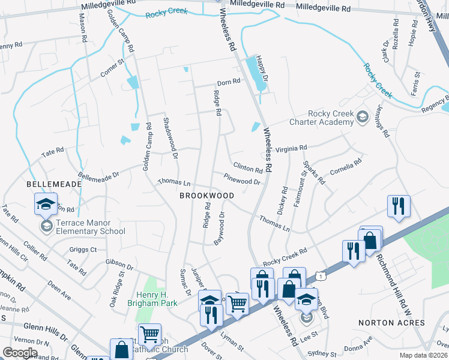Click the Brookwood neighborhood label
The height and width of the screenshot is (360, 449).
[207, 196]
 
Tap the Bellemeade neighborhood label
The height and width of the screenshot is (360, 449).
[49, 185]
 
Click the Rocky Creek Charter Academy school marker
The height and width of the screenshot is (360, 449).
[363, 116]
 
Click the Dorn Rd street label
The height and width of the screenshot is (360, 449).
[228, 82]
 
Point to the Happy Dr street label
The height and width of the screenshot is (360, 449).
[260, 64]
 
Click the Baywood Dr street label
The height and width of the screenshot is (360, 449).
[219, 229]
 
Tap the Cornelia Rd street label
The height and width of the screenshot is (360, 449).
[346, 166]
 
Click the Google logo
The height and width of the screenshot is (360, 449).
[20, 352]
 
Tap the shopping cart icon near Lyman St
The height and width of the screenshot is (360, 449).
[238, 305]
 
